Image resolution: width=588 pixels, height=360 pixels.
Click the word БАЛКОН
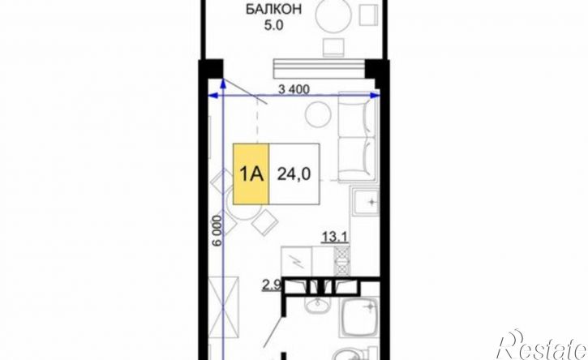click(273, 10)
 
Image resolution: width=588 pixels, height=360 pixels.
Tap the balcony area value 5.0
click(274, 26)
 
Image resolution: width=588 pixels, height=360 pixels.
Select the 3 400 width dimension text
click(294, 89)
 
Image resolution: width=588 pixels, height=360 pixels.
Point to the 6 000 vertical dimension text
click(217, 230)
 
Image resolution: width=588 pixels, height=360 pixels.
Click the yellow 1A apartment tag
click(251, 174)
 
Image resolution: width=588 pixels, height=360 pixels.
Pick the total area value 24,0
click(294, 174)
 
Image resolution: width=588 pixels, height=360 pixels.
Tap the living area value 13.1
click(335, 237)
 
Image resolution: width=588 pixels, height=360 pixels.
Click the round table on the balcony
click(333, 15)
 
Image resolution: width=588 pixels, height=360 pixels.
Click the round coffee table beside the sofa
click(318, 114)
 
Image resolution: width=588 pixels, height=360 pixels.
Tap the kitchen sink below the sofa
click(365, 203)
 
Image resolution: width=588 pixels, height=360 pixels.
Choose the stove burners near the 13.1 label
click(342, 261)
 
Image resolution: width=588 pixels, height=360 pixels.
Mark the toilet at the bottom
click(352, 354)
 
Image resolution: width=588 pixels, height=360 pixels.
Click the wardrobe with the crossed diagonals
click(224, 308)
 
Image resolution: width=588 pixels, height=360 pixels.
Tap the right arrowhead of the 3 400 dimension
click(376, 96)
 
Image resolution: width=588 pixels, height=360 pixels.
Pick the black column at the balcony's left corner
click(211, 70)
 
